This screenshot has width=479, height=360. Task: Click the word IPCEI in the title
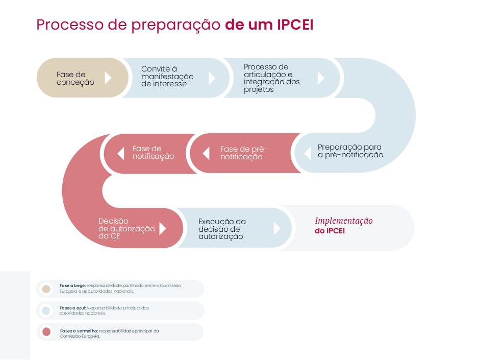[x=295, y=25]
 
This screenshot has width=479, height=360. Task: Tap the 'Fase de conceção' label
[x=75, y=78]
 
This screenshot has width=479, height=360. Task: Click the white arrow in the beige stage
[x=108, y=78]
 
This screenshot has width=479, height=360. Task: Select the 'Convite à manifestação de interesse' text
[x=167, y=77]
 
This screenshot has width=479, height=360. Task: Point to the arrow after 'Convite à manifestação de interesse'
[x=212, y=78]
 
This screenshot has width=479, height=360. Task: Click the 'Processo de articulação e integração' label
[x=271, y=78]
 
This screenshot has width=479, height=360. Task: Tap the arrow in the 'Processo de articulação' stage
[x=321, y=78]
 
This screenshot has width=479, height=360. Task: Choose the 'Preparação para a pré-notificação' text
[x=350, y=151]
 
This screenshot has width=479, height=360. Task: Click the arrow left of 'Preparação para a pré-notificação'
[x=308, y=153]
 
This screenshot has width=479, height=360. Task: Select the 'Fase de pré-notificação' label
[x=244, y=153]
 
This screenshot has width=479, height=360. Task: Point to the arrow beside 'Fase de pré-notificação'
[x=206, y=153]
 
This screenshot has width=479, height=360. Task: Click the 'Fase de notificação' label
[x=154, y=152]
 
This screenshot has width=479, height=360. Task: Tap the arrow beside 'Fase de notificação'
[x=121, y=153]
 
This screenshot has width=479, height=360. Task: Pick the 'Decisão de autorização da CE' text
[x=127, y=228]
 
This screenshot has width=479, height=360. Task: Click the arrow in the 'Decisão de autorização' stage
[x=163, y=228]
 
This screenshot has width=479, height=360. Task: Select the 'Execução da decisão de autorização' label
[x=222, y=229]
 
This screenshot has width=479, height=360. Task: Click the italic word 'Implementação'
[x=344, y=221]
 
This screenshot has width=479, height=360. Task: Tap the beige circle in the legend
[x=46, y=289]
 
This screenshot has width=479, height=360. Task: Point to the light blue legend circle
[x=46, y=311]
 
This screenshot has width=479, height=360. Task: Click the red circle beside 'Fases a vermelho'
[x=46, y=332]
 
